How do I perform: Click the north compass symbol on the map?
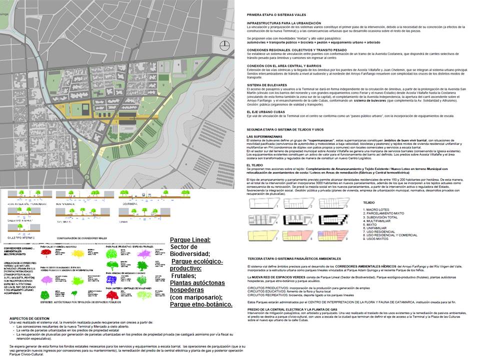pos(225,44)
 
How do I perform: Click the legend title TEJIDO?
pos(368,202)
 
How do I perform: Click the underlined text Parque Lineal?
pos(190,239)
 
